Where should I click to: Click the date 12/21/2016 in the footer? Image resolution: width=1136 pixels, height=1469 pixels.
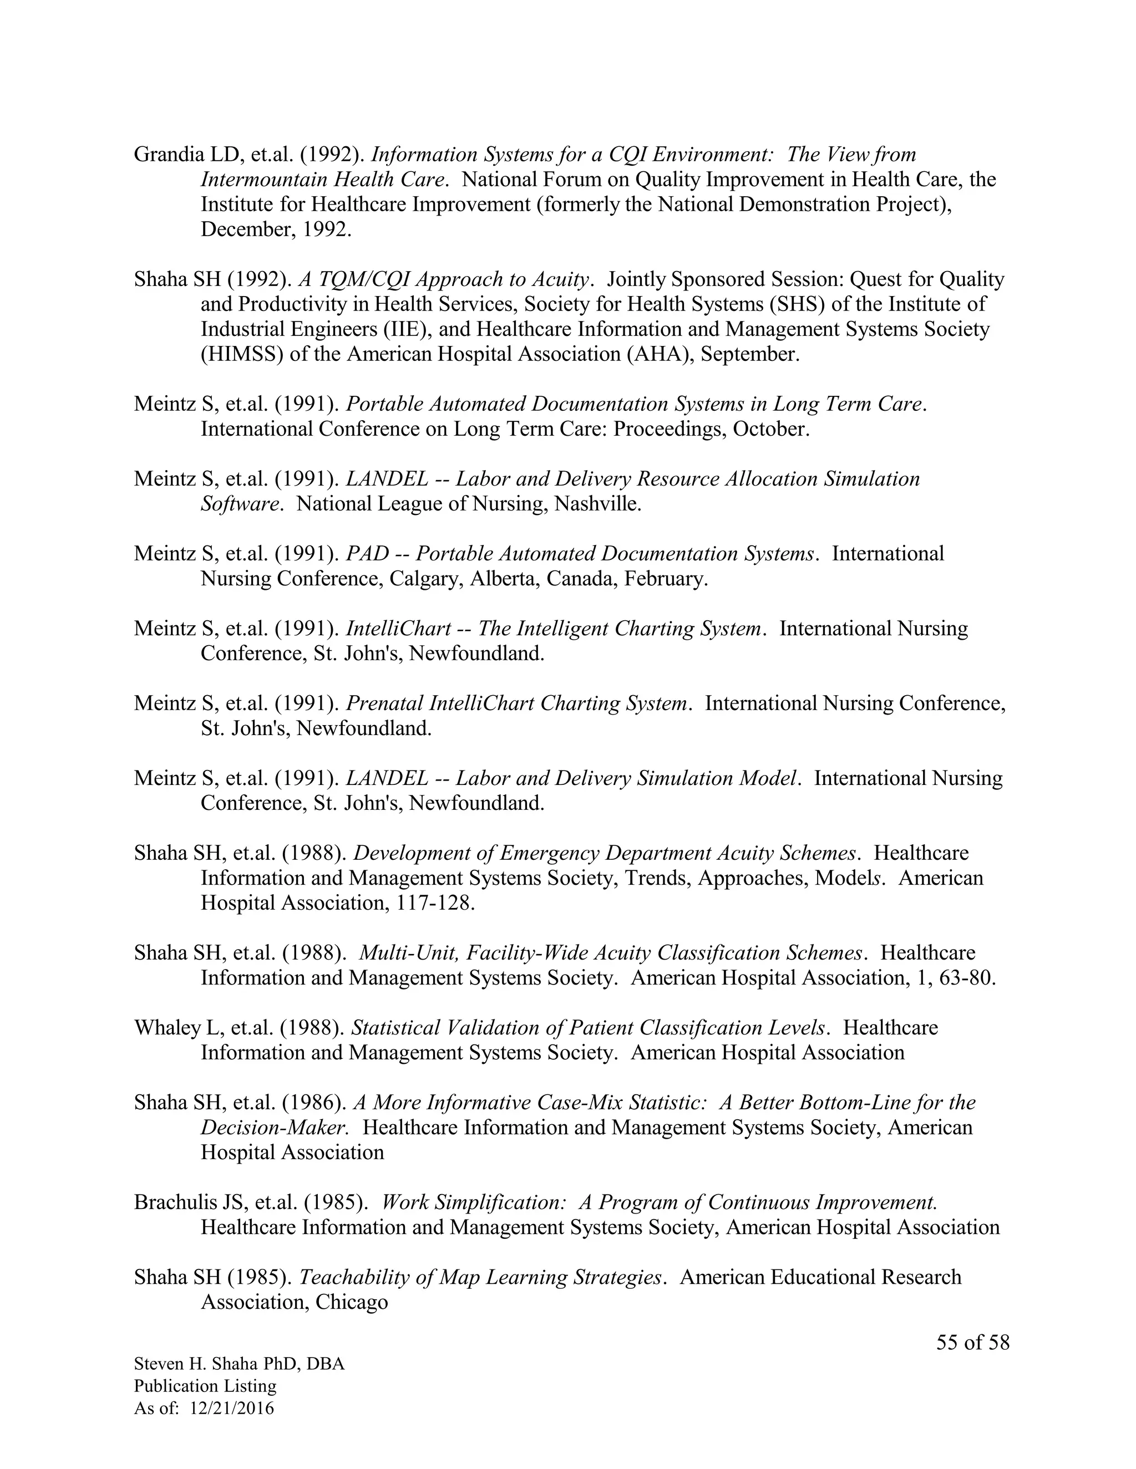pyautogui.click(x=232, y=1408)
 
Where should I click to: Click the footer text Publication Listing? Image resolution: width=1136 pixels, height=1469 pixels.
pyautogui.click(x=205, y=1386)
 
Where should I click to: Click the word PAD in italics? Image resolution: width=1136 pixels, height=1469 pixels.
pyautogui.click(x=367, y=554)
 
